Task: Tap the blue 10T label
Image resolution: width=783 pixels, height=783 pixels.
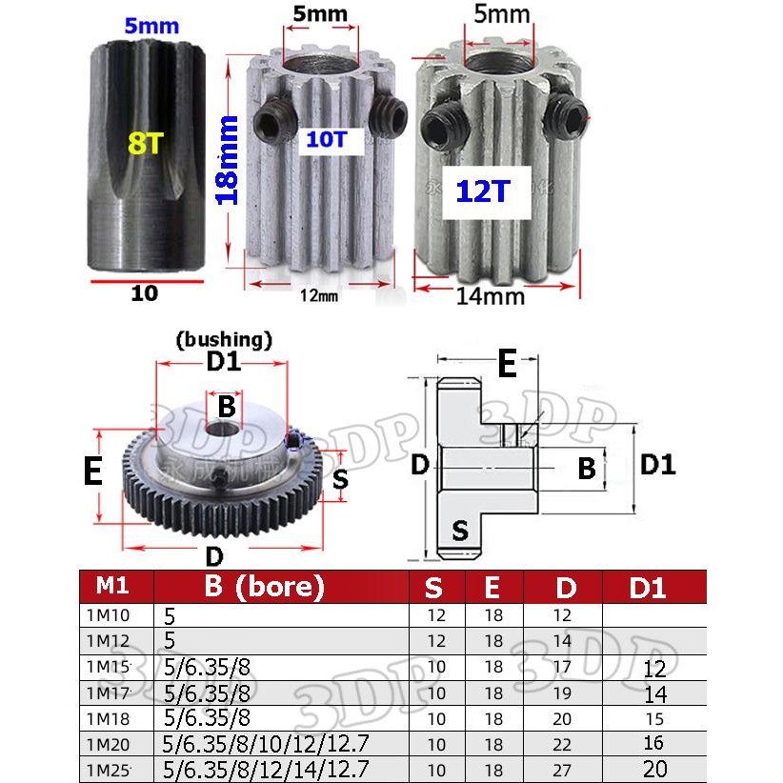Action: (327, 140)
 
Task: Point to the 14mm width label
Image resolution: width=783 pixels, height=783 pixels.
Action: (490, 295)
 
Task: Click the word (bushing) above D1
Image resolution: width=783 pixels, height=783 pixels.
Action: (225, 338)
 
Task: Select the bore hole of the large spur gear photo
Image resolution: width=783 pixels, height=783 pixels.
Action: (225, 432)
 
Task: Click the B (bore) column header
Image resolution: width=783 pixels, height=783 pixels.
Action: (265, 586)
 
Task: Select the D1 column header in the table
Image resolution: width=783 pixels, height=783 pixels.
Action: (648, 587)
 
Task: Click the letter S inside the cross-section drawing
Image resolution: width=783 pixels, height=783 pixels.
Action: (460, 529)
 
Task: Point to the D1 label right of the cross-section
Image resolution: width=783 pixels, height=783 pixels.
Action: (658, 465)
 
